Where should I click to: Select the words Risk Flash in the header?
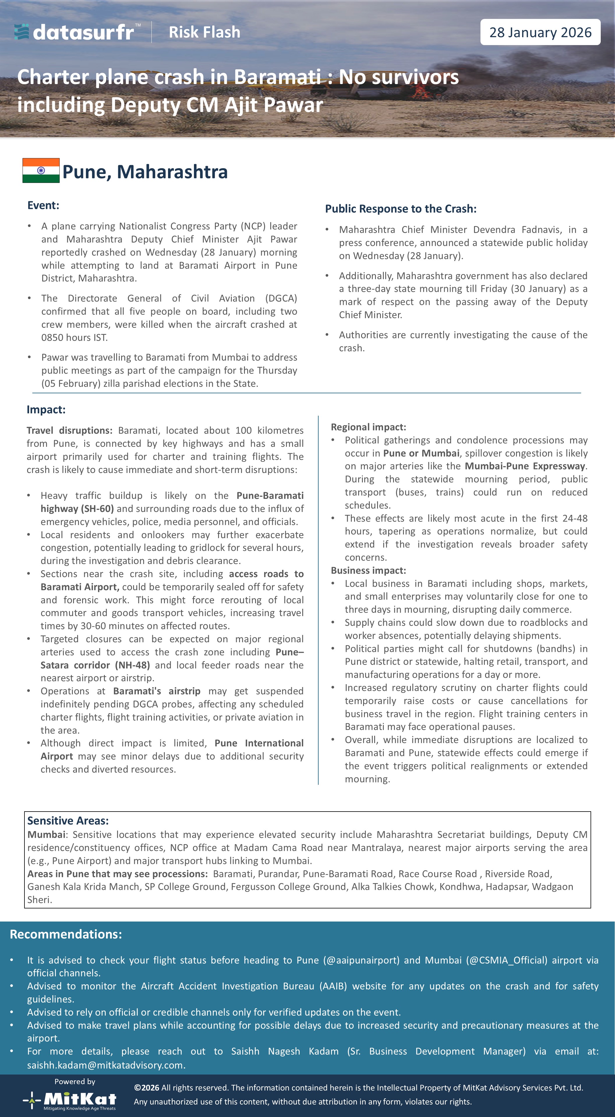click(x=204, y=32)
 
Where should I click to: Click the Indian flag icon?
click(x=41, y=170)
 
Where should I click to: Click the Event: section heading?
click(x=43, y=205)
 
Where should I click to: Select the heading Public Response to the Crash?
click(x=401, y=209)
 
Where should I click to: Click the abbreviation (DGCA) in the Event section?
click(x=281, y=298)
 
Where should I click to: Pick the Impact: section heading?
click(x=46, y=409)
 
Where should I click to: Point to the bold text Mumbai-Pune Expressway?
click(x=525, y=466)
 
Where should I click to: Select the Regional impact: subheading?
click(x=368, y=427)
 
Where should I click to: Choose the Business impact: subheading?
click(x=368, y=570)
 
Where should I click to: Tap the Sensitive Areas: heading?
click(x=68, y=820)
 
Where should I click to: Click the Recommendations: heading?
click(x=66, y=934)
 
